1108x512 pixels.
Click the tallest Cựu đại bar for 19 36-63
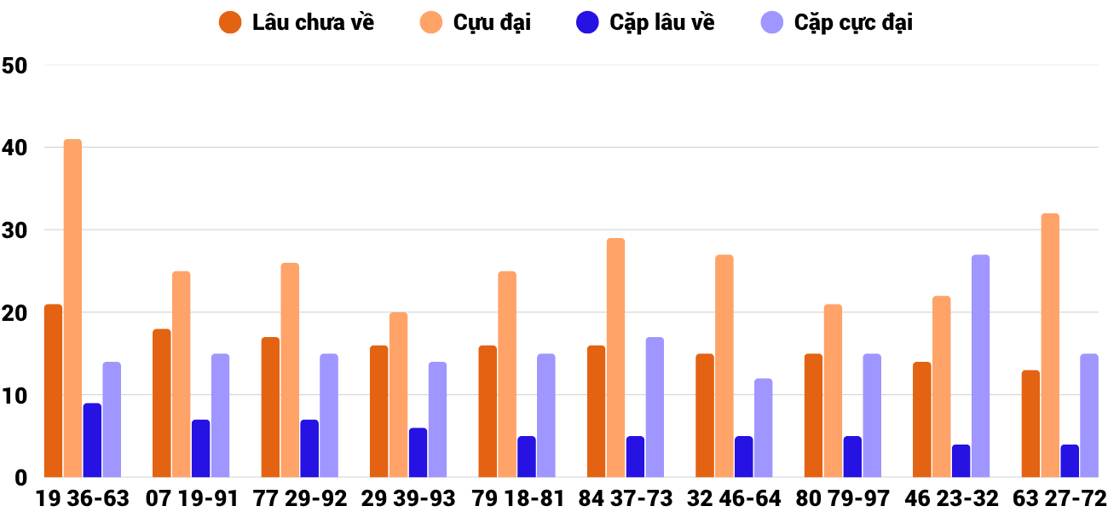(x=72, y=308)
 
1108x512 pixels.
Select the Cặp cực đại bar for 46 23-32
(x=980, y=366)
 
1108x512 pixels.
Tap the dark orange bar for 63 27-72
(x=1030, y=424)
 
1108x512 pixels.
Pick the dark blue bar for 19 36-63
(x=92, y=440)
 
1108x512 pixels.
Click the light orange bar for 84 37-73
(x=616, y=358)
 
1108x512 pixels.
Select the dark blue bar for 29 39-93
(x=418, y=453)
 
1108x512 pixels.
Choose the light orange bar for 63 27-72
(x=1050, y=346)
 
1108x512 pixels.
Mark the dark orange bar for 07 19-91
(x=162, y=404)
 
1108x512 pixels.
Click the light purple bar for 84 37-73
(x=655, y=408)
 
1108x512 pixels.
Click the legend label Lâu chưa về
(x=313, y=23)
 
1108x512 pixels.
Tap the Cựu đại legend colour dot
(x=432, y=23)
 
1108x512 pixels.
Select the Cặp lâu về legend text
(x=661, y=23)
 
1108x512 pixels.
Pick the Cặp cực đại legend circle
(x=771, y=23)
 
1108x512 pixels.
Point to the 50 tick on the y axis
(x=16, y=65)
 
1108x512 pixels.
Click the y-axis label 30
(x=16, y=230)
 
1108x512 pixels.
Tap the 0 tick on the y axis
(x=22, y=479)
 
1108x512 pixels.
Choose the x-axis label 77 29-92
(x=300, y=498)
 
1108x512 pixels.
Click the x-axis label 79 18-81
(x=517, y=498)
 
